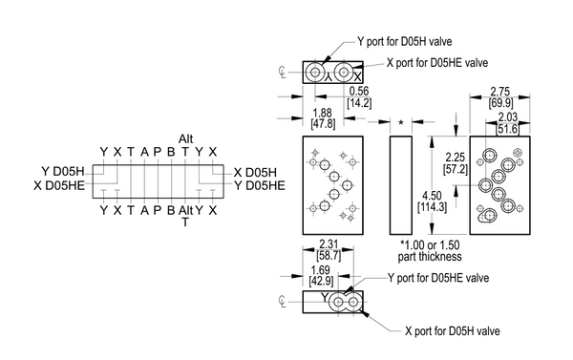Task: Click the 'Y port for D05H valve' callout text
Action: [405, 42]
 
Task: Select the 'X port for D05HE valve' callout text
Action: [437, 63]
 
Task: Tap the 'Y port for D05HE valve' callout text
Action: [438, 278]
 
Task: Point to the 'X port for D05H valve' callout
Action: [453, 331]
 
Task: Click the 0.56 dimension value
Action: [359, 91]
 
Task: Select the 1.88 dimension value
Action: [323, 113]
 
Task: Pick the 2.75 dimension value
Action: [499, 92]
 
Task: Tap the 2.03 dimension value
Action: [508, 116]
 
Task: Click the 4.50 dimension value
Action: [432, 196]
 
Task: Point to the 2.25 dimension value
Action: [455, 158]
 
